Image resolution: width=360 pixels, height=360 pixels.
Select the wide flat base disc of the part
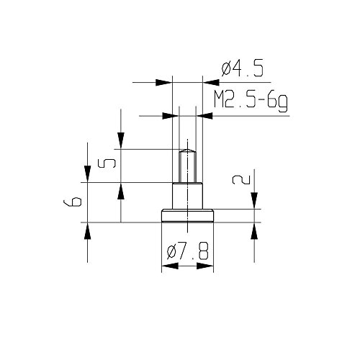(x=186, y=216)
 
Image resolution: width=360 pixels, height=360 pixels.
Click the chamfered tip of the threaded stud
(x=186, y=150)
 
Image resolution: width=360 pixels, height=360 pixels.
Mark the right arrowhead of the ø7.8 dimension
(x=209, y=267)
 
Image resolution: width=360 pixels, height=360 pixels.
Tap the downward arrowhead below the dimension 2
(x=254, y=204)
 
